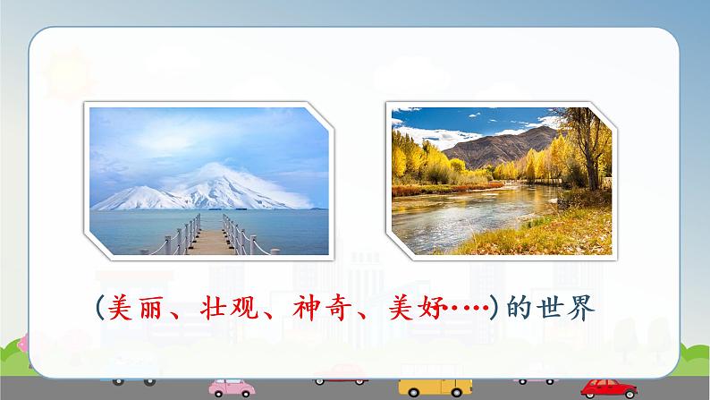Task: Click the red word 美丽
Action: click(135, 308)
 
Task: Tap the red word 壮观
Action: click(229, 308)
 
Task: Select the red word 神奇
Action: click(323, 308)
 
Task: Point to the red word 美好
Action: click(415, 308)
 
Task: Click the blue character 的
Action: click(519, 308)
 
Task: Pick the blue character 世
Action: click(549, 308)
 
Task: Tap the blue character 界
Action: click(580, 308)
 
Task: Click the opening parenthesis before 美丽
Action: click(100, 308)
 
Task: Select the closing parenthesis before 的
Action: click(494, 308)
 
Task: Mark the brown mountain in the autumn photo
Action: click(502, 148)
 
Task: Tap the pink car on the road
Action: click(232, 387)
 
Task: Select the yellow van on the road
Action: click(435, 387)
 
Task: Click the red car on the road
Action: click(609, 388)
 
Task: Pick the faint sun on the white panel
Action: click(68, 75)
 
